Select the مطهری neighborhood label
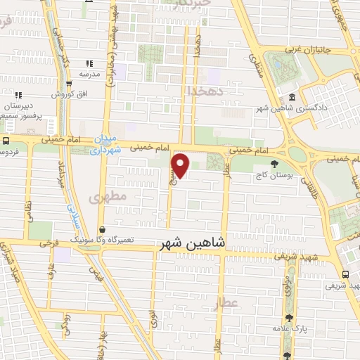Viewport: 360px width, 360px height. coord(109,198)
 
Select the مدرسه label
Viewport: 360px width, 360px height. coord(89,74)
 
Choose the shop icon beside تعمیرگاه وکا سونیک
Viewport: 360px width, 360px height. coord(103,229)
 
